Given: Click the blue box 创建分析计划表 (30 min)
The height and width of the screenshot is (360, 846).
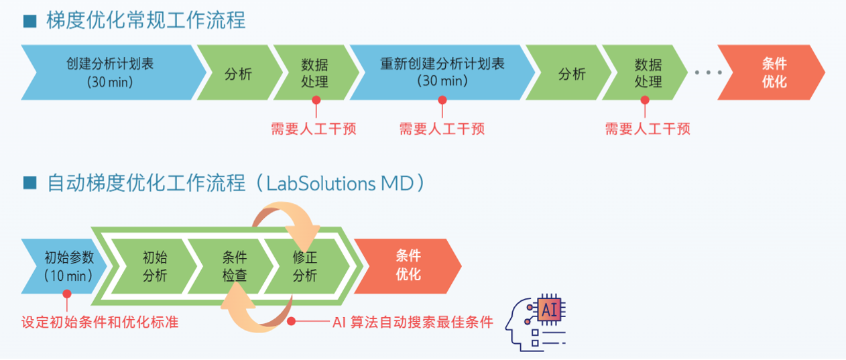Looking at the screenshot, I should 111,72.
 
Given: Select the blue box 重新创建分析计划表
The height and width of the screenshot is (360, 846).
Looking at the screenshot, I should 442,72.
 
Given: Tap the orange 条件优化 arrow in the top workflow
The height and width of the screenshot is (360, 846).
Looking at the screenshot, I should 773,72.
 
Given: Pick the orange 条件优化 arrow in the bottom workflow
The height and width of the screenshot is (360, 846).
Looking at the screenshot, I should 408,265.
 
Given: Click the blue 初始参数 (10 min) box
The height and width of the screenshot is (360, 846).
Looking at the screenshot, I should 64,265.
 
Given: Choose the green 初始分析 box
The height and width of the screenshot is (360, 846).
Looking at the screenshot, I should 155,265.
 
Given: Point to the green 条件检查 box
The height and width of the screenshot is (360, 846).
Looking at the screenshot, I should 235,265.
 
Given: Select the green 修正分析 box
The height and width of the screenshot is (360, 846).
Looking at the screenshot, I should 305,265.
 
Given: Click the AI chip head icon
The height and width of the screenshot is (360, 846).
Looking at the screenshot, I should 536,320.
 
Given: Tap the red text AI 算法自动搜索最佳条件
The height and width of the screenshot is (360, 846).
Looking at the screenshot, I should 413,322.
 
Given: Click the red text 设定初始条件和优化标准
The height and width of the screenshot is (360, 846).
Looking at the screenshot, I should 100,322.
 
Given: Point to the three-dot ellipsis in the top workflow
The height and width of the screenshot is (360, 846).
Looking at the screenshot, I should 708,72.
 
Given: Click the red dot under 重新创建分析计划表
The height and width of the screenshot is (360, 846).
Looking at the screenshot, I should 442,100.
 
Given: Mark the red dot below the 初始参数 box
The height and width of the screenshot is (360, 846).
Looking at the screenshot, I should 66,294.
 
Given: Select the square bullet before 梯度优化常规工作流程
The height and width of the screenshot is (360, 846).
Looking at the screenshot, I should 30,21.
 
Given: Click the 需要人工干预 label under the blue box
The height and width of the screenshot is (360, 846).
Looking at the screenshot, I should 442,129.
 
